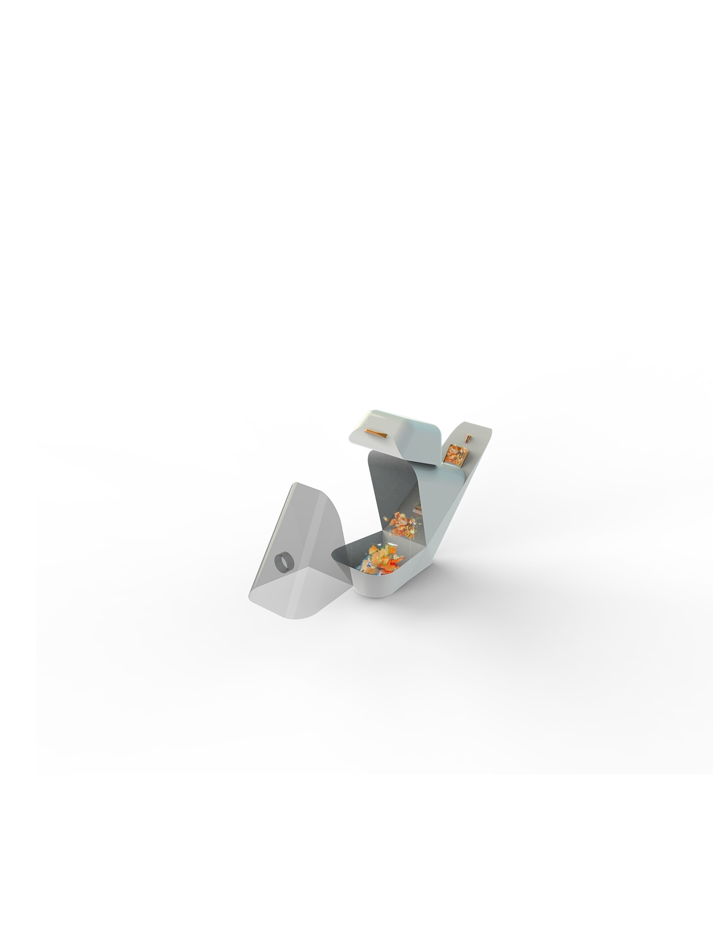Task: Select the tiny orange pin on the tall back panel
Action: click(x=468, y=438)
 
